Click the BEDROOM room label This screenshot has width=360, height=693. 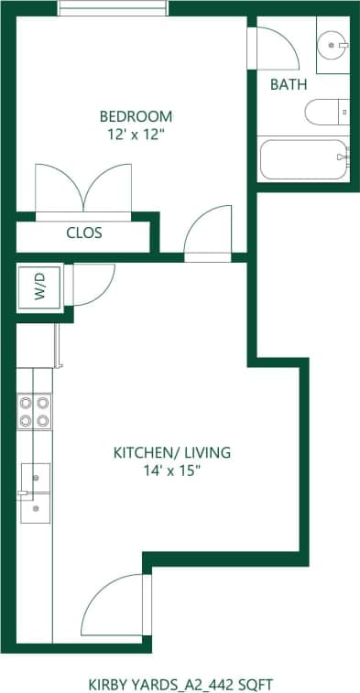(x=136, y=116)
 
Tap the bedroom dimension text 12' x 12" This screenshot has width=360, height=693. (x=136, y=135)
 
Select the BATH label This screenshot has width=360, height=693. (x=289, y=84)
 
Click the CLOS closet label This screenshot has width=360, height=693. (x=83, y=233)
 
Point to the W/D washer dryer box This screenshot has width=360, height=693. (x=39, y=286)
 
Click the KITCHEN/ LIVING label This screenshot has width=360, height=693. (x=171, y=452)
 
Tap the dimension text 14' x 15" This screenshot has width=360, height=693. (x=171, y=471)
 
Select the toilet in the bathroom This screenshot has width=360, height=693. (x=327, y=114)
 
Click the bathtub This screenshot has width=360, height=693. (x=303, y=159)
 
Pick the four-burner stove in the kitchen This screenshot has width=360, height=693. (x=34, y=411)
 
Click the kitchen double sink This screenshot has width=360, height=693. (x=36, y=493)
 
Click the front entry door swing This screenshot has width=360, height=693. (x=112, y=608)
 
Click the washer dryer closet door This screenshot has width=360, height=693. (x=89, y=283)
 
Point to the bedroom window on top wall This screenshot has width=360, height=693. (x=113, y=8)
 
